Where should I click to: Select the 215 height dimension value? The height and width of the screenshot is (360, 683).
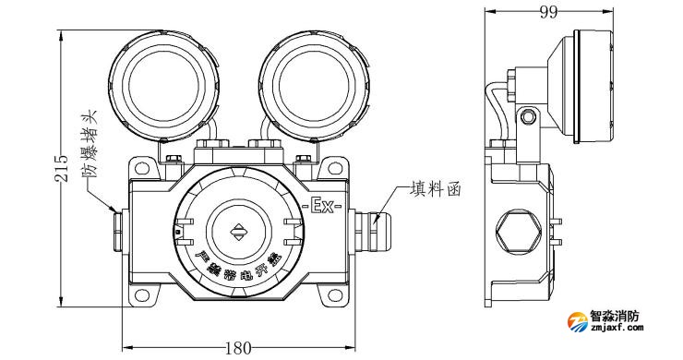[62, 167]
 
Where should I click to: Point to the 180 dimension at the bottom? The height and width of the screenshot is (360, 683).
[238, 348]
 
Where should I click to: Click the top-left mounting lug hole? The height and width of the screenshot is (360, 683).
[141, 169]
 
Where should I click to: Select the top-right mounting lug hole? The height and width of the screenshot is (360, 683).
[335, 169]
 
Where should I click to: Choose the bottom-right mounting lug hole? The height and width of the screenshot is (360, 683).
[335, 295]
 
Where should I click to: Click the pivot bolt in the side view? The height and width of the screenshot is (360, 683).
[527, 117]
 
